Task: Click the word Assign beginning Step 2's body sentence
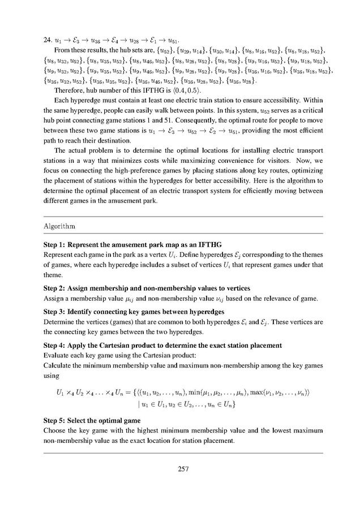[x=55, y=298]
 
